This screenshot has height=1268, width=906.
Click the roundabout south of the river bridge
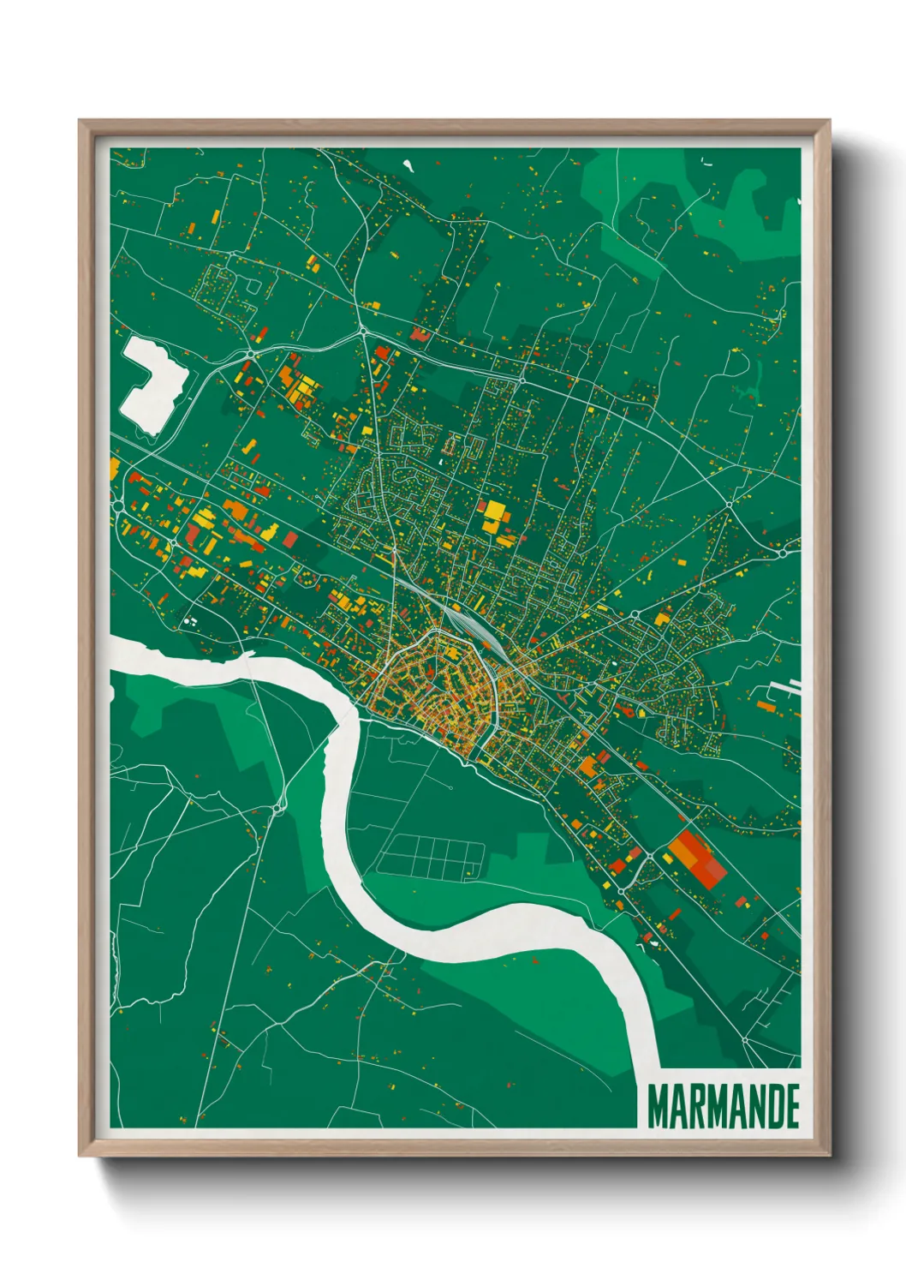[x=279, y=807]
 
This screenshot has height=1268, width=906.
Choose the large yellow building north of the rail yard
[x=494, y=516]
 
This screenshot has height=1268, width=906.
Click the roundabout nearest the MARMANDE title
[x=745, y=1040]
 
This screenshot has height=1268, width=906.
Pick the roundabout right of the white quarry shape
[x=250, y=353]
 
